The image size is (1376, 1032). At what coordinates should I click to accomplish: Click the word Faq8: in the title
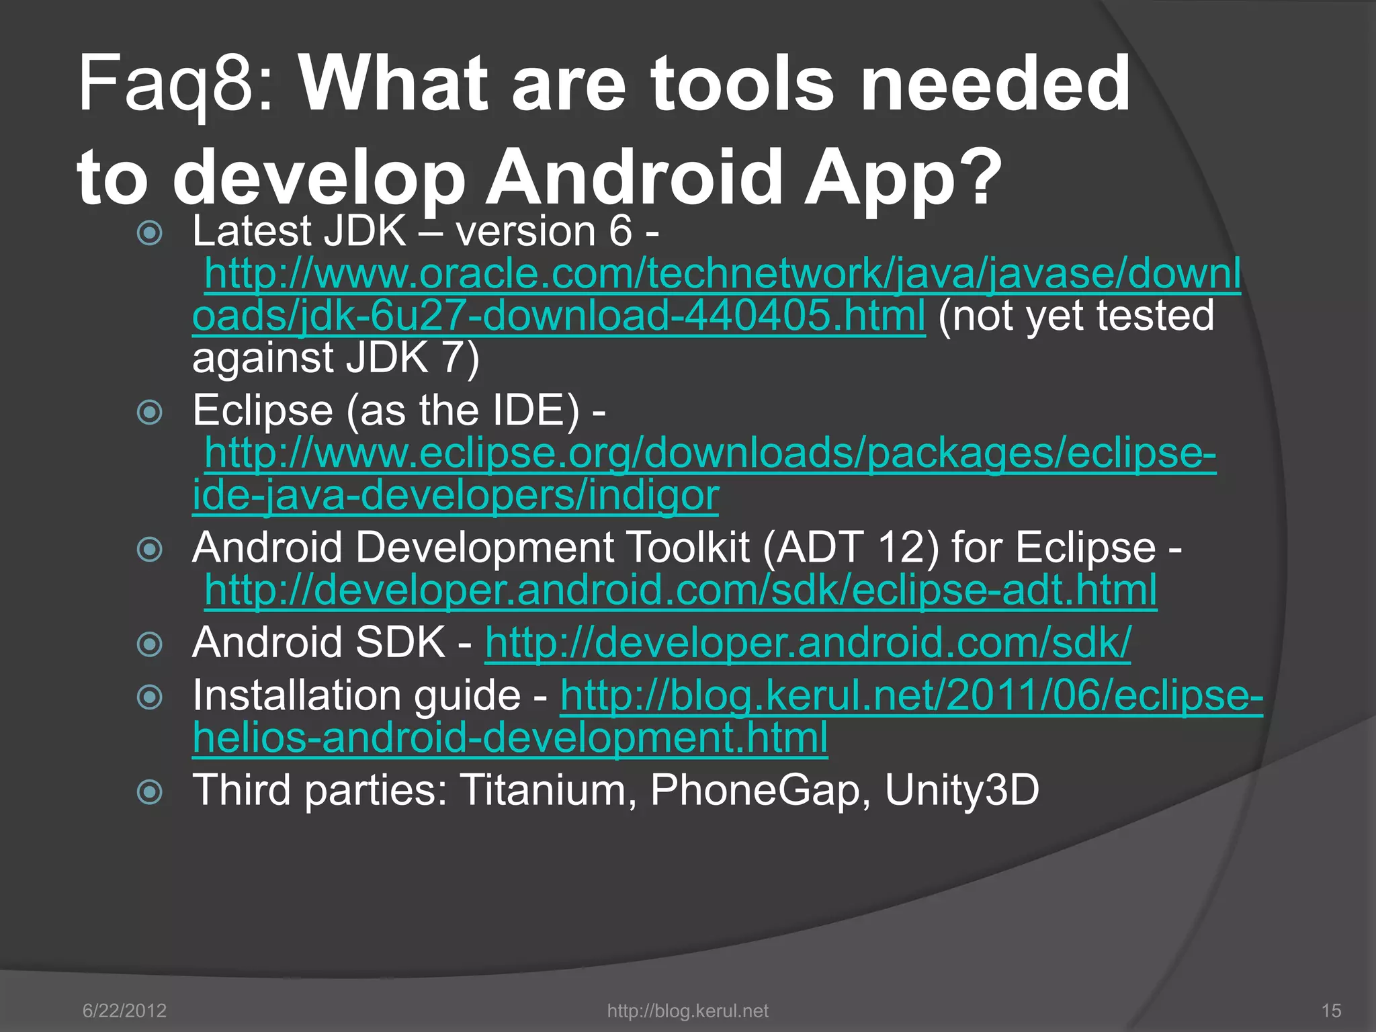(176, 85)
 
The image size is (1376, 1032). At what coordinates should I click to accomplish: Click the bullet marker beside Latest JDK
(149, 233)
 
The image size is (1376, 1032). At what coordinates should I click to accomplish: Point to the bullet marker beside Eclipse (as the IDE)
(149, 412)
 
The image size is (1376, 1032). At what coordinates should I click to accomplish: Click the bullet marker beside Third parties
(149, 791)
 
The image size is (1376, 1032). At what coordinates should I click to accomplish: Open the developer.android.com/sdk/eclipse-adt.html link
(680, 591)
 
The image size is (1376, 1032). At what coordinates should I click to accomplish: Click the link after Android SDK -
(808, 643)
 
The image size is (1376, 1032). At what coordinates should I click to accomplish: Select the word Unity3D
(961, 790)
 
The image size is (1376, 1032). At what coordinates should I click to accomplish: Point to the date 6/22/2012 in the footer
(124, 1010)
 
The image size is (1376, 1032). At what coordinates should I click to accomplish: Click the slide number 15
(1331, 1010)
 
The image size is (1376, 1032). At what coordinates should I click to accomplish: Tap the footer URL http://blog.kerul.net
(687, 1010)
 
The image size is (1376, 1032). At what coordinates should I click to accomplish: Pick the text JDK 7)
(413, 358)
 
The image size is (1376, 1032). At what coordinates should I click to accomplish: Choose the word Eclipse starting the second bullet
(262, 411)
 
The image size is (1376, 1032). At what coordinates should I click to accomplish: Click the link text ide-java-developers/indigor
(456, 496)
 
